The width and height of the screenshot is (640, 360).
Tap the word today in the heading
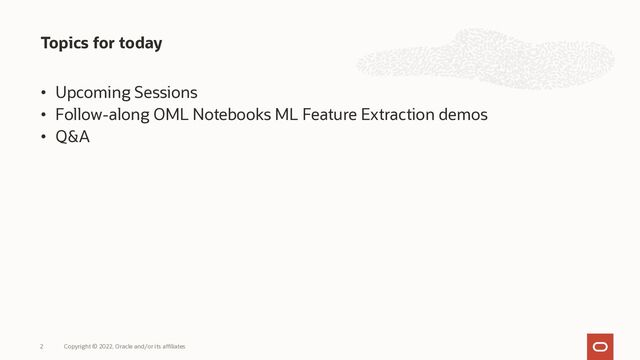[x=140, y=44]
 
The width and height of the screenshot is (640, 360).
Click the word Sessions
[x=166, y=93]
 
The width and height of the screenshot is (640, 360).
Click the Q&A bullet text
[x=72, y=137]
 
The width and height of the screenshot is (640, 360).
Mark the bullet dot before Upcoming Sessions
[x=44, y=94]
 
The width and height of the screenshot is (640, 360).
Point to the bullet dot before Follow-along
[x=44, y=116]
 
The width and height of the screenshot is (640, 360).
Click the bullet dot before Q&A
[x=44, y=138]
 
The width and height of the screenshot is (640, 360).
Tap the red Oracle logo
[x=600, y=345]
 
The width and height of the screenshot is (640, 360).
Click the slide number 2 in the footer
[x=42, y=346]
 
